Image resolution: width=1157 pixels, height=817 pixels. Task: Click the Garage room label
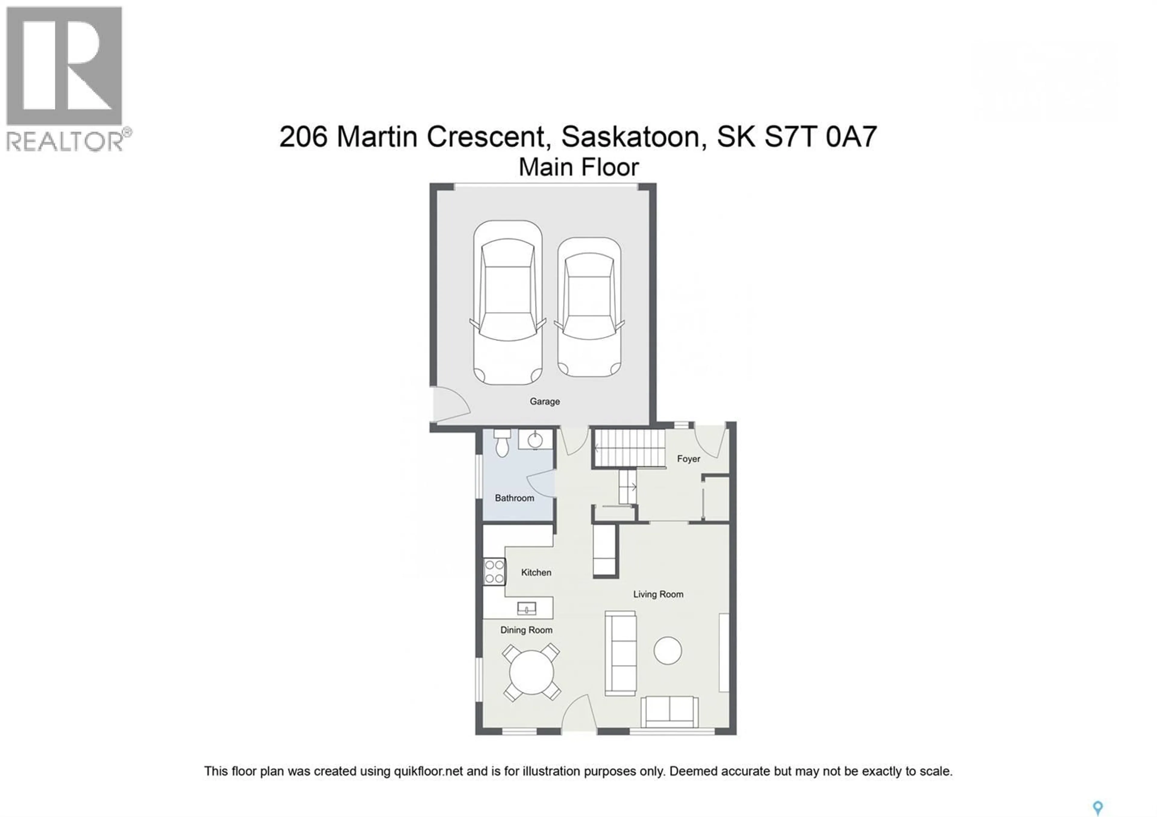coord(545,402)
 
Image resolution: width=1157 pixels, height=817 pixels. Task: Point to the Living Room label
coord(658,594)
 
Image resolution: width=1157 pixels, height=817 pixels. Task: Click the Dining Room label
coord(526,630)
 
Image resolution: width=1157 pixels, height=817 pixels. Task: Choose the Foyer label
coord(688,459)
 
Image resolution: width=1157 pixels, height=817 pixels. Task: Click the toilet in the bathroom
coord(502,443)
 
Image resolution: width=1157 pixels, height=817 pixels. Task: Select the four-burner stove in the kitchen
coord(494,572)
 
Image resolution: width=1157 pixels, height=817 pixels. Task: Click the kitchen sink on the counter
coord(527,609)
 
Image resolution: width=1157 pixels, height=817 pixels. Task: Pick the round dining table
coord(531,672)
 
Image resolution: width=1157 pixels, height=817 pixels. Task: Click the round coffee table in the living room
coord(668,650)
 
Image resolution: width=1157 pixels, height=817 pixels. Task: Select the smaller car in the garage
coord(589,307)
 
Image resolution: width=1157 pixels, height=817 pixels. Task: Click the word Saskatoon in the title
coord(630,136)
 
